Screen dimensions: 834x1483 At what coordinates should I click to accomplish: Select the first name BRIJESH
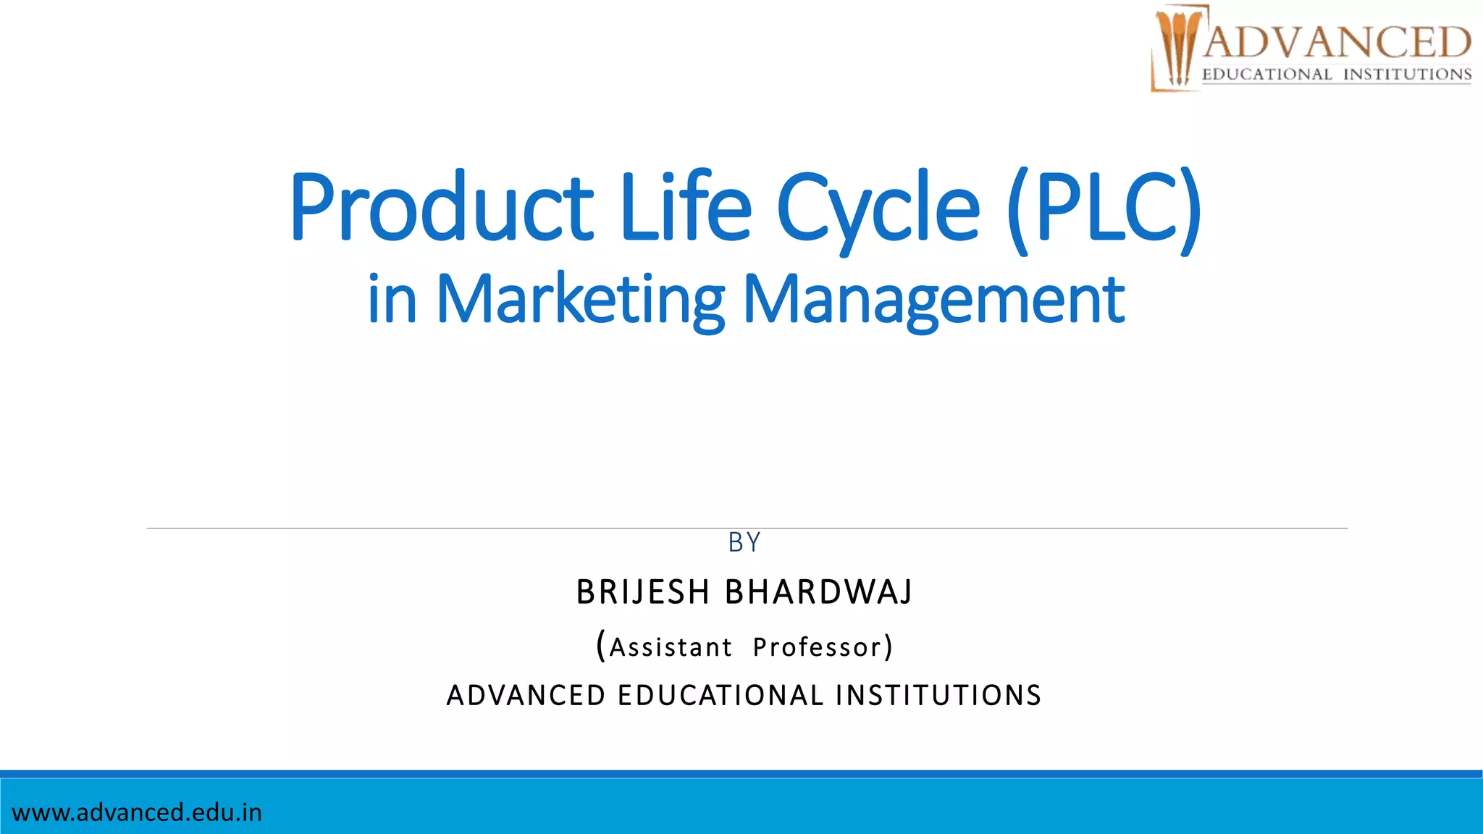coord(642,592)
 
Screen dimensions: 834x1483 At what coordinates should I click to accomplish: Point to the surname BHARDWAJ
coord(819,592)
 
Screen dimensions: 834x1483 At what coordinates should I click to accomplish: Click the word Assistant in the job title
coord(670,647)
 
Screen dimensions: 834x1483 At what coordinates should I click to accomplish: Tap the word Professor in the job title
coord(818,647)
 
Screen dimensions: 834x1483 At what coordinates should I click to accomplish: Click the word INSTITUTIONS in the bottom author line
coord(938,696)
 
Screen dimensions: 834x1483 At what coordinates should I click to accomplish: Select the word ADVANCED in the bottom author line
coord(526,696)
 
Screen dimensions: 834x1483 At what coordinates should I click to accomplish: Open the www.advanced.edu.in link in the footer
coord(137,812)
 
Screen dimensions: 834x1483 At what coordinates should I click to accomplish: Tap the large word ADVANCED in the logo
coord(1337,41)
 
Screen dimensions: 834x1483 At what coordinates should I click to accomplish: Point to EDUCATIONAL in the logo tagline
coord(1266,75)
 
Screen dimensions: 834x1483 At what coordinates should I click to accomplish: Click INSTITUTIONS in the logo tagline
coord(1407,75)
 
